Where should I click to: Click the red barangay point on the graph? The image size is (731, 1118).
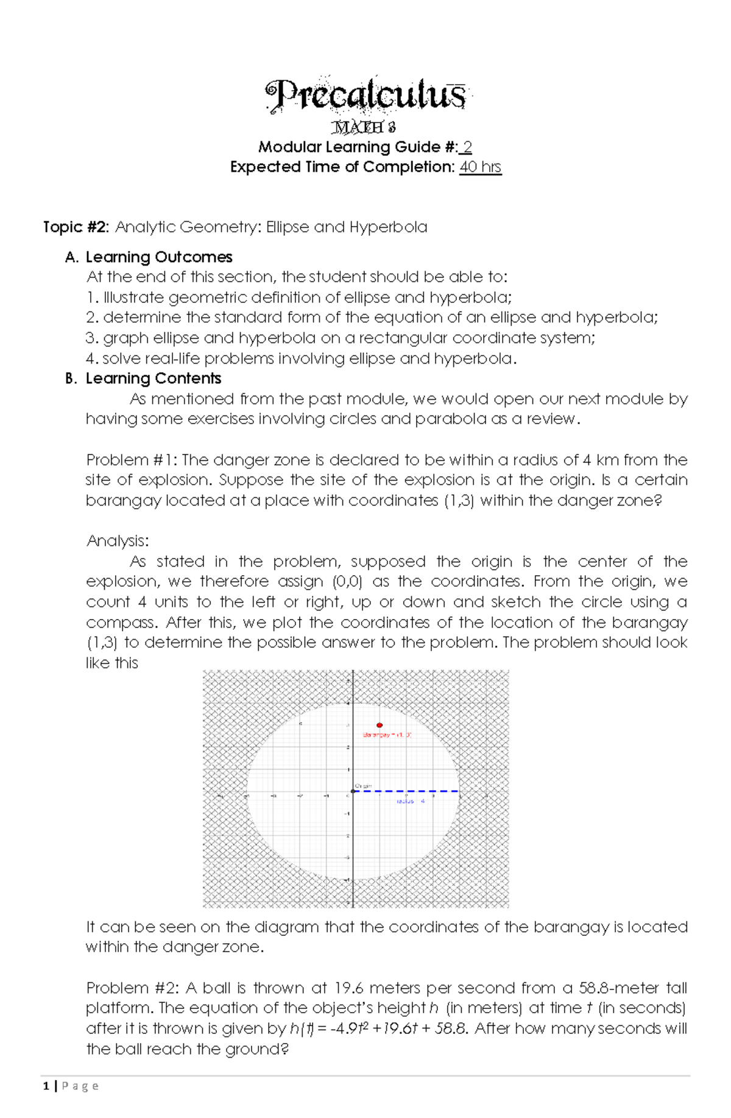(x=380, y=725)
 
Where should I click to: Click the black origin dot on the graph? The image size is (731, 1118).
(x=353, y=791)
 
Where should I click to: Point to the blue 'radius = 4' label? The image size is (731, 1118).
(x=411, y=801)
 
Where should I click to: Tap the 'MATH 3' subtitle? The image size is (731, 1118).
(x=364, y=127)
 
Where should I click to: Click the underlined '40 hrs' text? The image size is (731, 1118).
(x=480, y=167)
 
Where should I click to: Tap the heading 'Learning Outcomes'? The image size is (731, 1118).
(x=159, y=257)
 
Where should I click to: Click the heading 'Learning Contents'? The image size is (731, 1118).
(x=153, y=378)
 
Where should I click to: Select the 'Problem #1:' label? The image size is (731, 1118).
(x=132, y=460)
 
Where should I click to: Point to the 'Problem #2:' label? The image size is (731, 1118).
(x=132, y=988)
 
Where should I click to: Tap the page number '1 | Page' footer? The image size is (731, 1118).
(x=71, y=1086)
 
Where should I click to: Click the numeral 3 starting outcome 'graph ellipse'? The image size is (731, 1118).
(x=91, y=338)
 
